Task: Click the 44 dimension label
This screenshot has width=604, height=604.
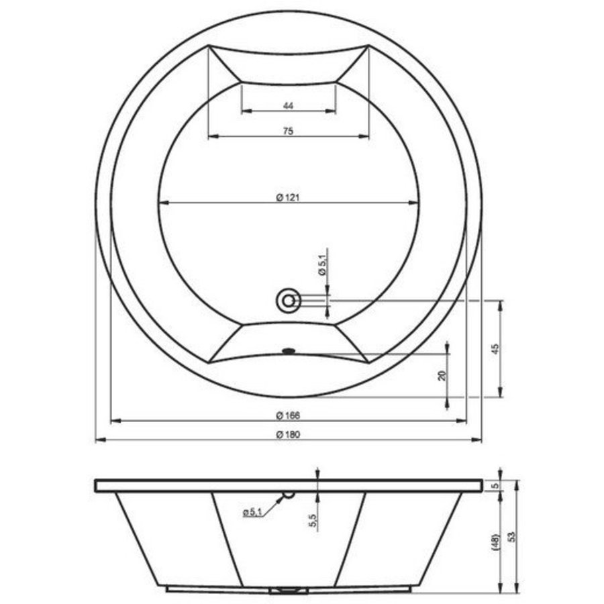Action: tap(287, 105)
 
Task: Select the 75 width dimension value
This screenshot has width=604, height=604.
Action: tap(287, 132)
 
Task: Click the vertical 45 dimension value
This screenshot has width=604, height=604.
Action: tap(495, 349)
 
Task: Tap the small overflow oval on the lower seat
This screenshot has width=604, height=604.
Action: tap(289, 349)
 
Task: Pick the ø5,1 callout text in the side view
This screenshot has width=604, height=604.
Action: tap(252, 513)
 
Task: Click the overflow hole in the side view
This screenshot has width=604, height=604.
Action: tap(289, 495)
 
